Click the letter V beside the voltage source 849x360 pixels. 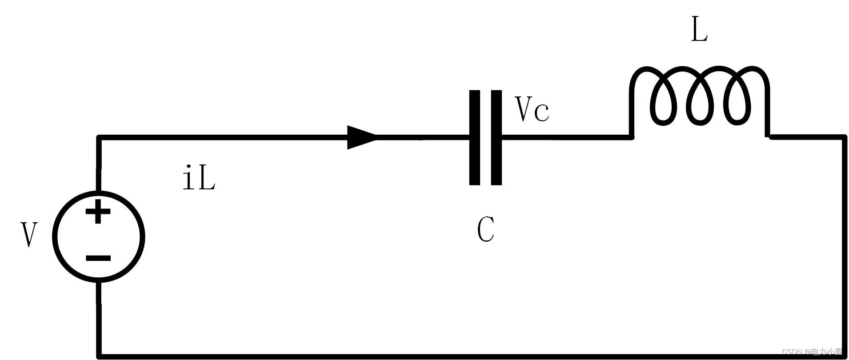pyautogui.click(x=29, y=235)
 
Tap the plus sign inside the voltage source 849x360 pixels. pyautogui.click(x=98, y=212)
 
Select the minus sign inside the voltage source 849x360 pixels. pyautogui.click(x=98, y=258)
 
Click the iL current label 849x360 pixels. pyautogui.click(x=199, y=178)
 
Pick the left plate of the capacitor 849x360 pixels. pyautogui.click(x=475, y=137)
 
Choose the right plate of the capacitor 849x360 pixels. pyautogui.click(x=497, y=137)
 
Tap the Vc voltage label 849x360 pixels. pyautogui.click(x=532, y=109)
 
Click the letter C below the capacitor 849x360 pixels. pyautogui.click(x=485, y=230)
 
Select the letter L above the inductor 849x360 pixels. pyautogui.click(x=699, y=30)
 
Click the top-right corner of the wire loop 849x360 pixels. pyautogui.click(x=843, y=138)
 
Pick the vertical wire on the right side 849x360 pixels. pyautogui.click(x=843, y=244)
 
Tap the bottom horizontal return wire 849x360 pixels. pyautogui.click(x=445, y=356)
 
